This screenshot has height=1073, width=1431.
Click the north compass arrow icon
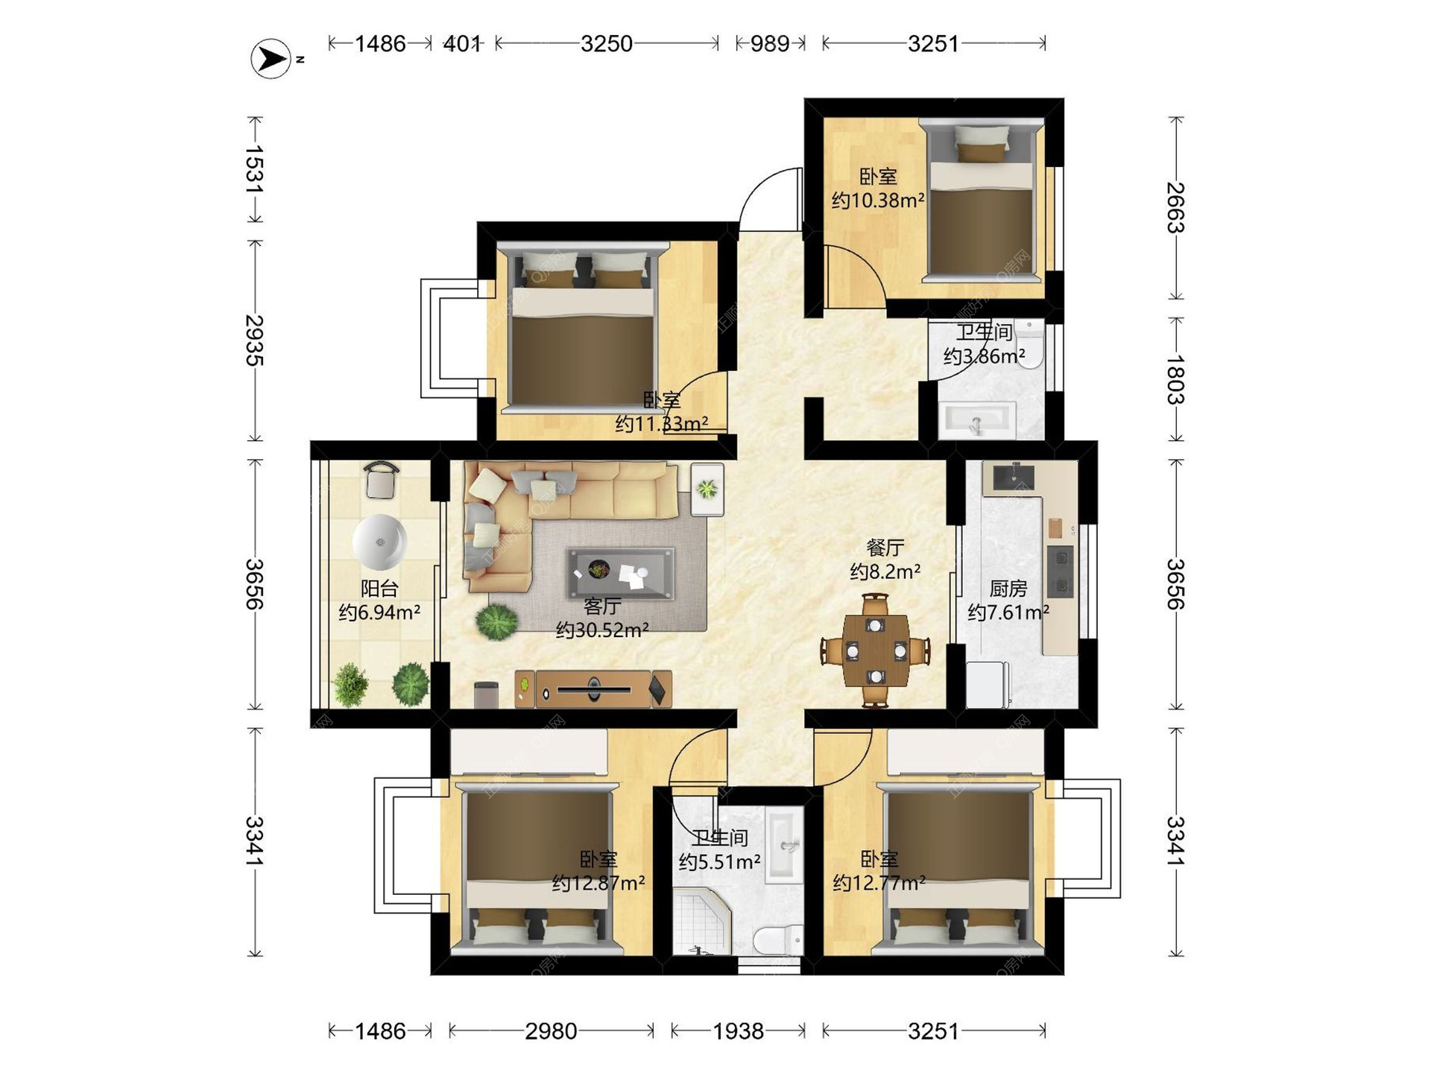tap(271, 58)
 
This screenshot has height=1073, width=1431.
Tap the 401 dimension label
tap(462, 44)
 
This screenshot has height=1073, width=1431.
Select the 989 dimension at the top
tap(770, 44)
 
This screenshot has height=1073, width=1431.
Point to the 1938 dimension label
tap(738, 1031)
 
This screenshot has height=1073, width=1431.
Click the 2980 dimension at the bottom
tap(551, 1031)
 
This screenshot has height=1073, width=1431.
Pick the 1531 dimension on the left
tap(255, 169)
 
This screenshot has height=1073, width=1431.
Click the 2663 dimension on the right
tap(1175, 207)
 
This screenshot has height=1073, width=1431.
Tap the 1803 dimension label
tap(1175, 379)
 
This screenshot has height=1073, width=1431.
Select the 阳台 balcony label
tap(379, 589)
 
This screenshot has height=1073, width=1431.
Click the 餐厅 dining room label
tap(885, 548)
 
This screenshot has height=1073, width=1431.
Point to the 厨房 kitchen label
tap(1008, 589)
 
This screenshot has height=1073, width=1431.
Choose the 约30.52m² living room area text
tap(602, 630)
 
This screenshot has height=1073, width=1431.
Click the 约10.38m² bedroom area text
tap(878, 200)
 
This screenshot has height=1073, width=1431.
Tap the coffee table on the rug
tap(620, 573)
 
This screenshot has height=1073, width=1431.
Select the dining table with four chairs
tap(876, 651)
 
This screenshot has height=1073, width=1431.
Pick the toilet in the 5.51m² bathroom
tap(778, 940)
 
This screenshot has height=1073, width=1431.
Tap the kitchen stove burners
tap(1060, 572)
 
